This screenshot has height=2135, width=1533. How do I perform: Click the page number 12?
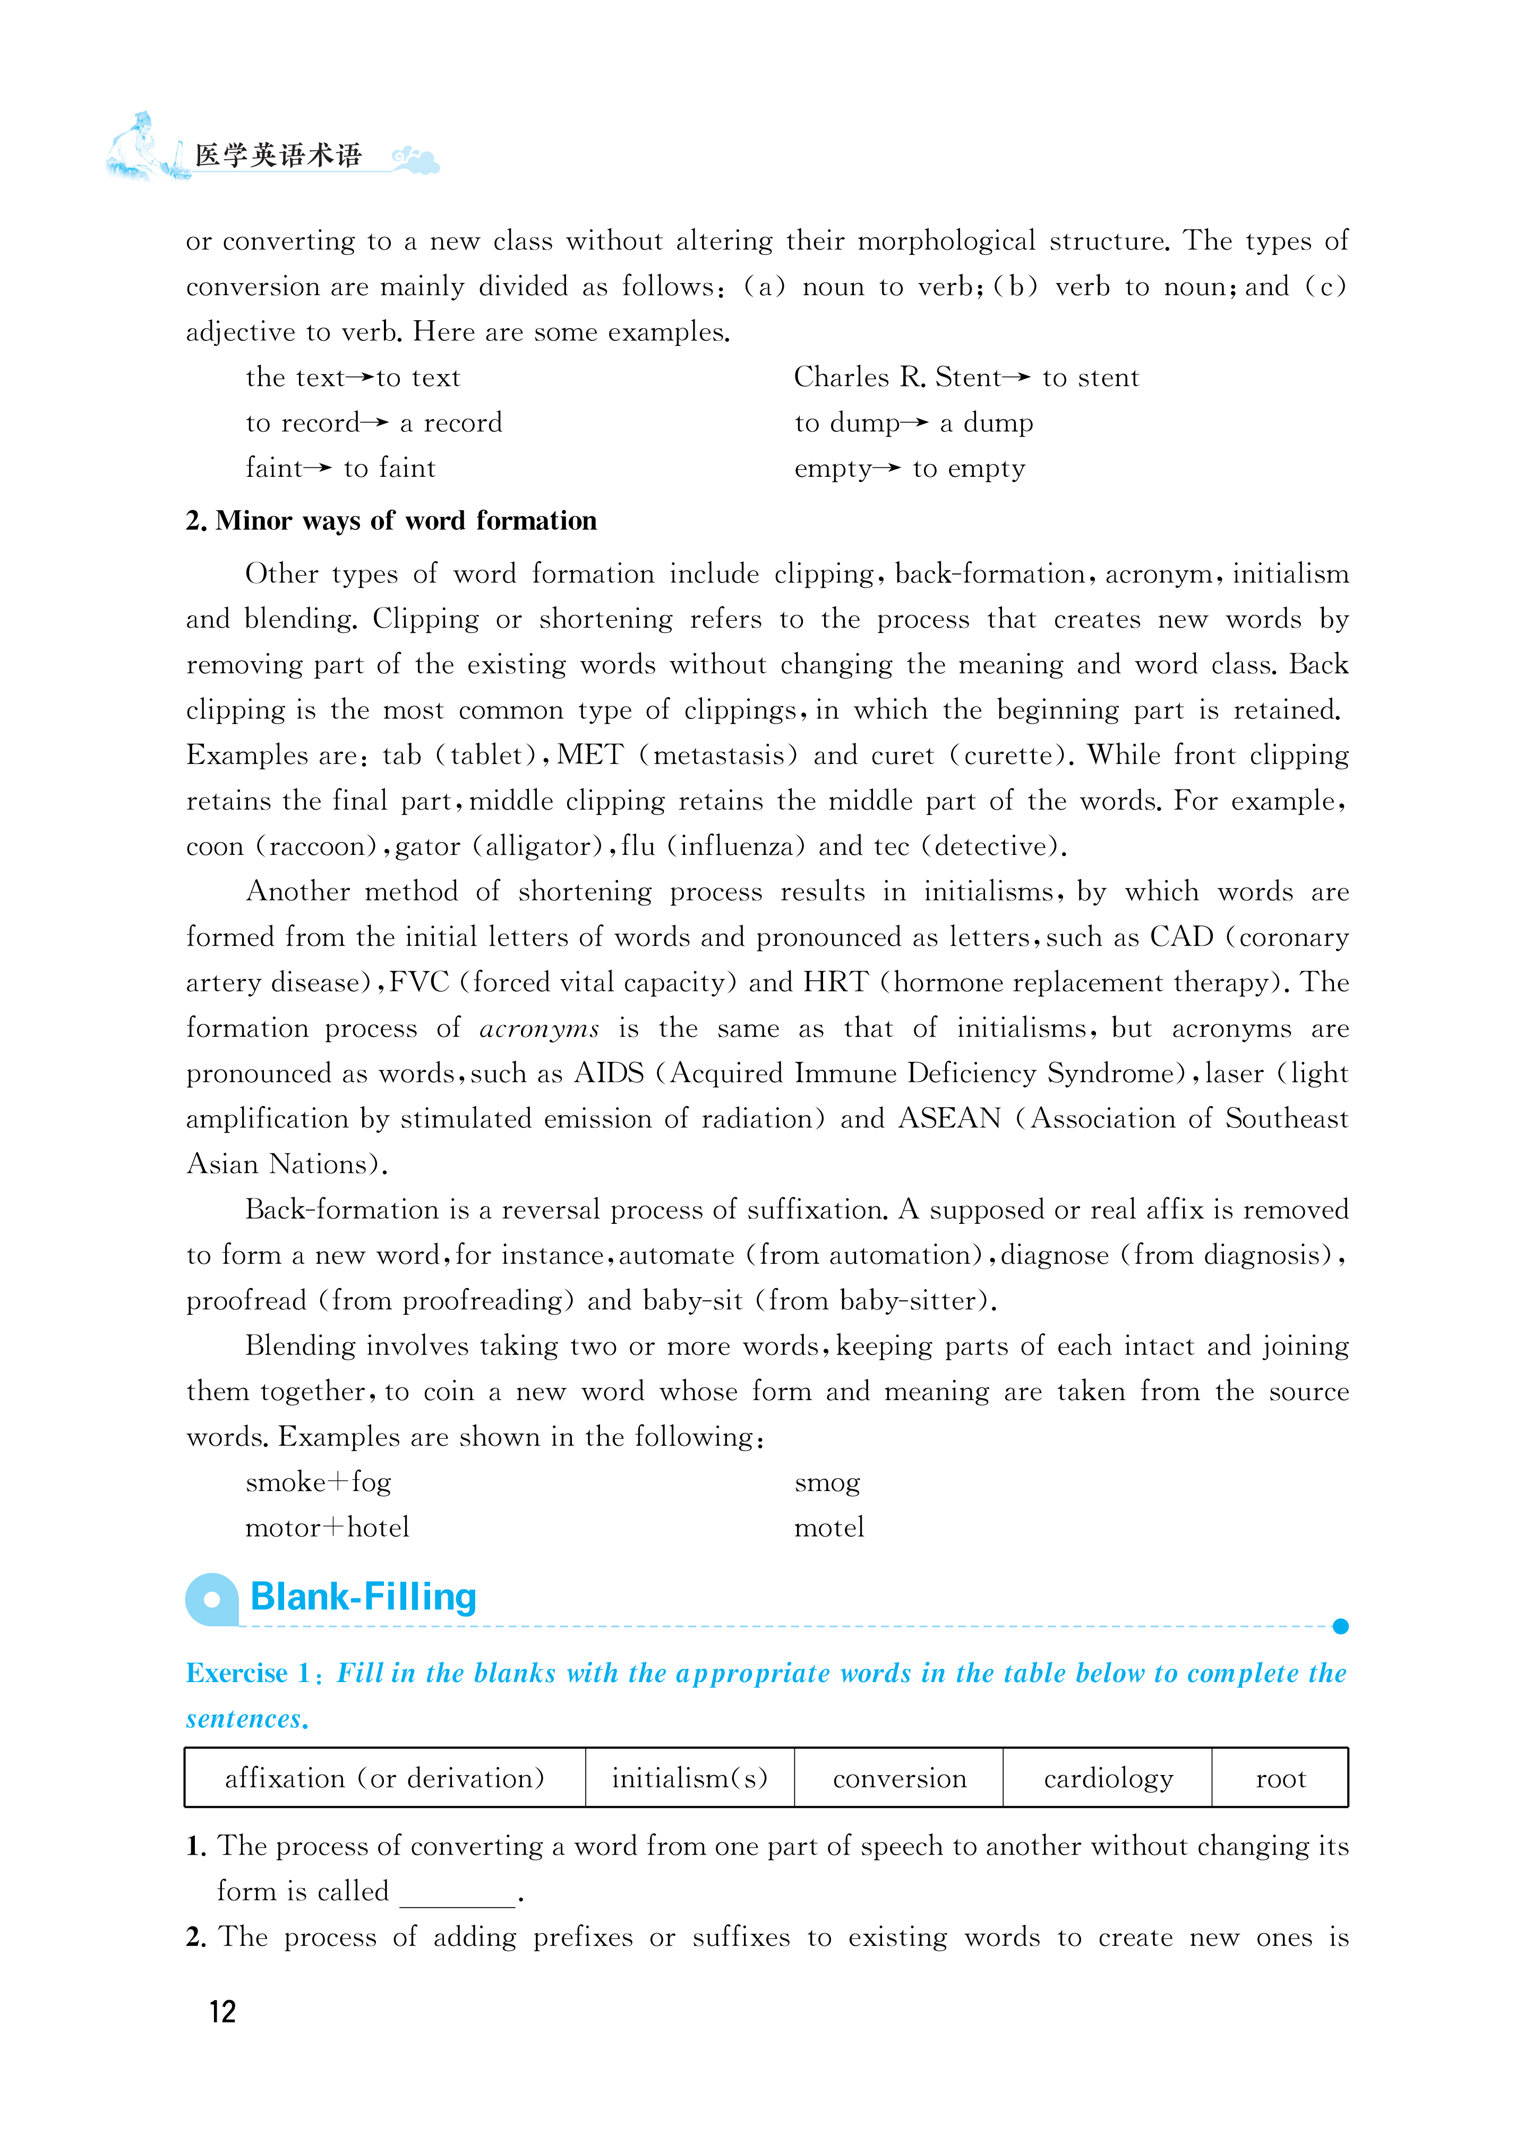point(222,2011)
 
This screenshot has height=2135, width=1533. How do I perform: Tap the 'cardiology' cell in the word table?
point(1107,1778)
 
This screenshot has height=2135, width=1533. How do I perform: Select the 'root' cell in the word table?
point(1280,1778)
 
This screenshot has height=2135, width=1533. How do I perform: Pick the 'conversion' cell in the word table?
point(900,1778)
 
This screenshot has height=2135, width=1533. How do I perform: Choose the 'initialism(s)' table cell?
point(689,1778)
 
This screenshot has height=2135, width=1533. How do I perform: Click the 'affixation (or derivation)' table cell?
point(384,1778)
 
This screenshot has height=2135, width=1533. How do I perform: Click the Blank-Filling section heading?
point(364,1598)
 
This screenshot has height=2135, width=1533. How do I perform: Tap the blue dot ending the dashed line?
point(1341,1627)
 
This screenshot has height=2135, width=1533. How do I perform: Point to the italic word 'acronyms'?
point(538,1028)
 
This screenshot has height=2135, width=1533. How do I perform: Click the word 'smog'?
point(827,1482)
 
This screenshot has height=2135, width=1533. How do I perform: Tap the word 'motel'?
point(829,1528)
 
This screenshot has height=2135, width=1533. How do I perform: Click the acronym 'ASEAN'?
point(949,1118)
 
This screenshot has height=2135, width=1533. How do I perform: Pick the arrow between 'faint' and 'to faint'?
point(318,468)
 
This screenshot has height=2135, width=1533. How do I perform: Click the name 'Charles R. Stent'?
point(896,378)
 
